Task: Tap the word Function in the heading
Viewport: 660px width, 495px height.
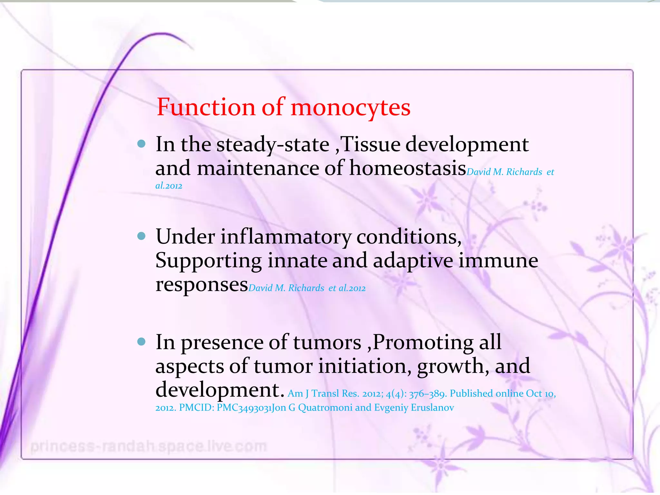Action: [x=206, y=107]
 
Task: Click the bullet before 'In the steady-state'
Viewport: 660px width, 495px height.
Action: [x=141, y=144]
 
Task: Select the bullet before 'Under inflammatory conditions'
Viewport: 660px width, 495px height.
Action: [x=141, y=236]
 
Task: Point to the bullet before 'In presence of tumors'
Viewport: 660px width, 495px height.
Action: [x=141, y=342]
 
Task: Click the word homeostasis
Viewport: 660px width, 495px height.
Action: [x=408, y=168]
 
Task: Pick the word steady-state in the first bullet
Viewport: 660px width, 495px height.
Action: [x=273, y=144]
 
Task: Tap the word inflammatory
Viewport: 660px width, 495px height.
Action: [x=286, y=237]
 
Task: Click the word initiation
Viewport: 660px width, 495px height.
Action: [x=365, y=366]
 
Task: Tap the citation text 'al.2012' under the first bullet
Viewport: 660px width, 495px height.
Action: [x=169, y=186]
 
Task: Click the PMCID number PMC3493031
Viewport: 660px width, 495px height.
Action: [x=244, y=408]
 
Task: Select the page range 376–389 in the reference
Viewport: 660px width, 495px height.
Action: [x=427, y=394]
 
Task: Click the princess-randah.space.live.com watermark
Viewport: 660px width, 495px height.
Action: [x=149, y=447]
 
